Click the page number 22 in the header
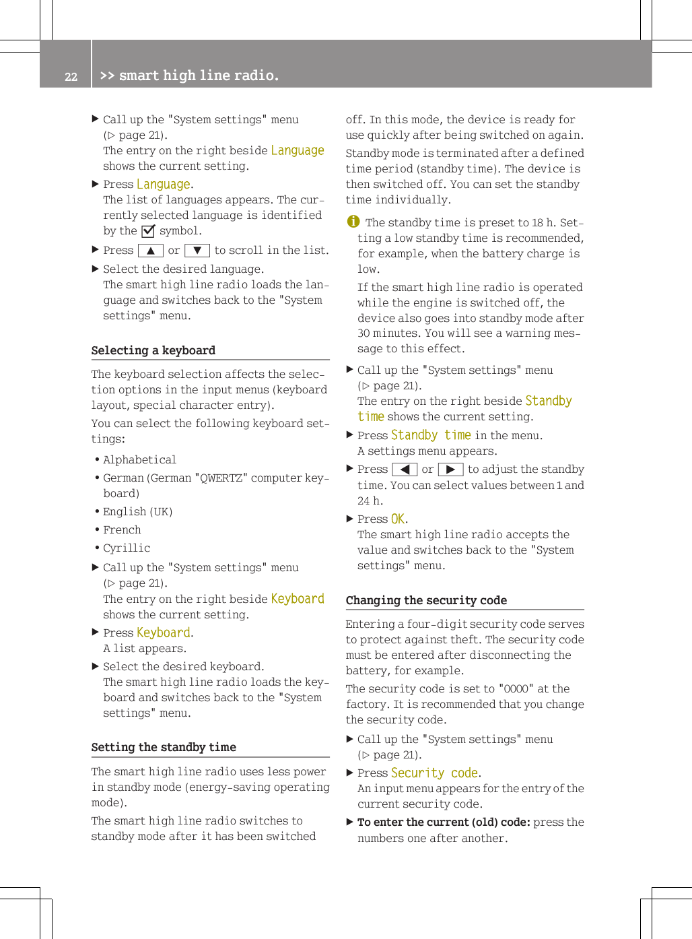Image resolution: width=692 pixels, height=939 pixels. pyautogui.click(x=71, y=77)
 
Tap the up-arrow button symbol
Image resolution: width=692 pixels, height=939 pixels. pyautogui.click(x=151, y=251)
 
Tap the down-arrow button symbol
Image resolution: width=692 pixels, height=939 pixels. pyautogui.click(x=197, y=251)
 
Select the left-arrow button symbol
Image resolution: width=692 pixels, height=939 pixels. pyautogui.click(x=405, y=469)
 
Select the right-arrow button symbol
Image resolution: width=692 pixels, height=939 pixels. pyautogui.click(x=450, y=469)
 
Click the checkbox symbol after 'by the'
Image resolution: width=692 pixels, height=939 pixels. pyautogui.click(x=148, y=231)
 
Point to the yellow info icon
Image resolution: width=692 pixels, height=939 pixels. pyautogui.click(x=353, y=222)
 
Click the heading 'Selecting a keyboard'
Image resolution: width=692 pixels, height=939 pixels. pyautogui.click(x=153, y=350)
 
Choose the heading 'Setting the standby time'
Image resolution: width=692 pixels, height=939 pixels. pyautogui.click(x=164, y=747)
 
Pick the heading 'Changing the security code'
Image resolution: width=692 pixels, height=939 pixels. pyautogui.click(x=426, y=600)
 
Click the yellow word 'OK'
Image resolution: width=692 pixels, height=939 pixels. pyautogui.click(x=398, y=519)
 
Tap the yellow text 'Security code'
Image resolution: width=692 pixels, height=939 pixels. pyautogui.click(x=434, y=773)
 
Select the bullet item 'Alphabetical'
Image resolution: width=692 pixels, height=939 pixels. pyautogui.click(x=139, y=459)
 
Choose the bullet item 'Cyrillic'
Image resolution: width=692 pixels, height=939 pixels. pyautogui.click(x=127, y=548)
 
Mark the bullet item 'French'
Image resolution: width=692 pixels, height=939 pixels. pyautogui.click(x=122, y=529)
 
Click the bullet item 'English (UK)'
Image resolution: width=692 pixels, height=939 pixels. pyautogui.click(x=137, y=511)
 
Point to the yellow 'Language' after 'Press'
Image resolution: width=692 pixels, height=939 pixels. pyautogui.click(x=164, y=184)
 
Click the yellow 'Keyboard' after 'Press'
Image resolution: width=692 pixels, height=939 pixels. pyautogui.click(x=164, y=633)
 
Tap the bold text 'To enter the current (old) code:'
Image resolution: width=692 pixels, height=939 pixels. pyautogui.click(x=444, y=822)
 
